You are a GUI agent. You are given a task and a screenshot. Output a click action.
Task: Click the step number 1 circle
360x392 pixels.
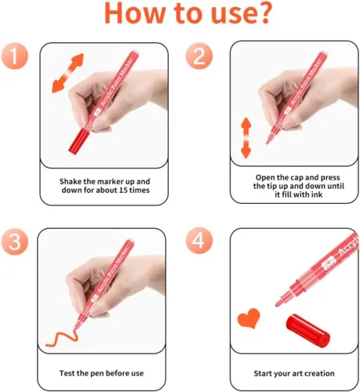[x=15, y=56]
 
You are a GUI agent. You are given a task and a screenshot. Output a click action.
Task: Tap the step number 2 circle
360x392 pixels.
[x=199, y=56]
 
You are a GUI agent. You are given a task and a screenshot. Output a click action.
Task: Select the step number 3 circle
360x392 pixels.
[x=15, y=241]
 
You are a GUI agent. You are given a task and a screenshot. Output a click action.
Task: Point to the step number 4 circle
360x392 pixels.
[x=199, y=241]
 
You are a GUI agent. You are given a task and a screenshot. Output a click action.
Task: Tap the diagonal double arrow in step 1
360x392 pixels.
[x=67, y=73]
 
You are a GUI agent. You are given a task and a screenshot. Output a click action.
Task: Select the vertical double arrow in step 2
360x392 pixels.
[x=245, y=138]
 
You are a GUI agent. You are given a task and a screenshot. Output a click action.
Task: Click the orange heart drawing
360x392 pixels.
[x=249, y=318]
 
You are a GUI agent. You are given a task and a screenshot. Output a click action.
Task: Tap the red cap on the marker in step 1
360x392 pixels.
[x=79, y=140]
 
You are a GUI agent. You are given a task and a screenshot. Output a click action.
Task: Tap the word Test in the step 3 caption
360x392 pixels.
[x=67, y=373]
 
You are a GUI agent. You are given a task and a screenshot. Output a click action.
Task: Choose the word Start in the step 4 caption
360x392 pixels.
[x=263, y=373]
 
